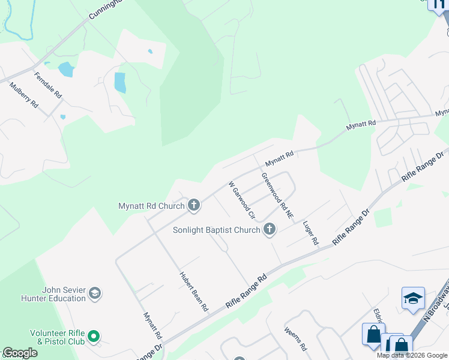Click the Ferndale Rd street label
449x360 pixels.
49,86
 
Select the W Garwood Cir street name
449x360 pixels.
243,200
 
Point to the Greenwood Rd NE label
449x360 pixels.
277,195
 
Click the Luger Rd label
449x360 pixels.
310,232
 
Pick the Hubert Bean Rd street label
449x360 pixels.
194,292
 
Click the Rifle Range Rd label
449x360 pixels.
246,292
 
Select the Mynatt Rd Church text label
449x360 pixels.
151,206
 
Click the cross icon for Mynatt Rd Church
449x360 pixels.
193,206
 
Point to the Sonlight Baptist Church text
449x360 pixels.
216,229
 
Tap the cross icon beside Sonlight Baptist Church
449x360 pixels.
270,229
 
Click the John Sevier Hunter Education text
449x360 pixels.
53,294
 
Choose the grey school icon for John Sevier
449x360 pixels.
94,293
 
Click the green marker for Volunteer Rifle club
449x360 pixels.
93,337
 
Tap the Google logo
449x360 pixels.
20,353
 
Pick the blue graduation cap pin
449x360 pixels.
413,299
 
